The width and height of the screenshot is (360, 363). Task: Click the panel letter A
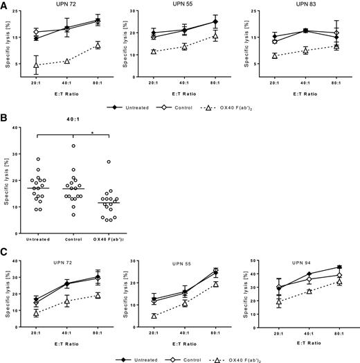(4, 5)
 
